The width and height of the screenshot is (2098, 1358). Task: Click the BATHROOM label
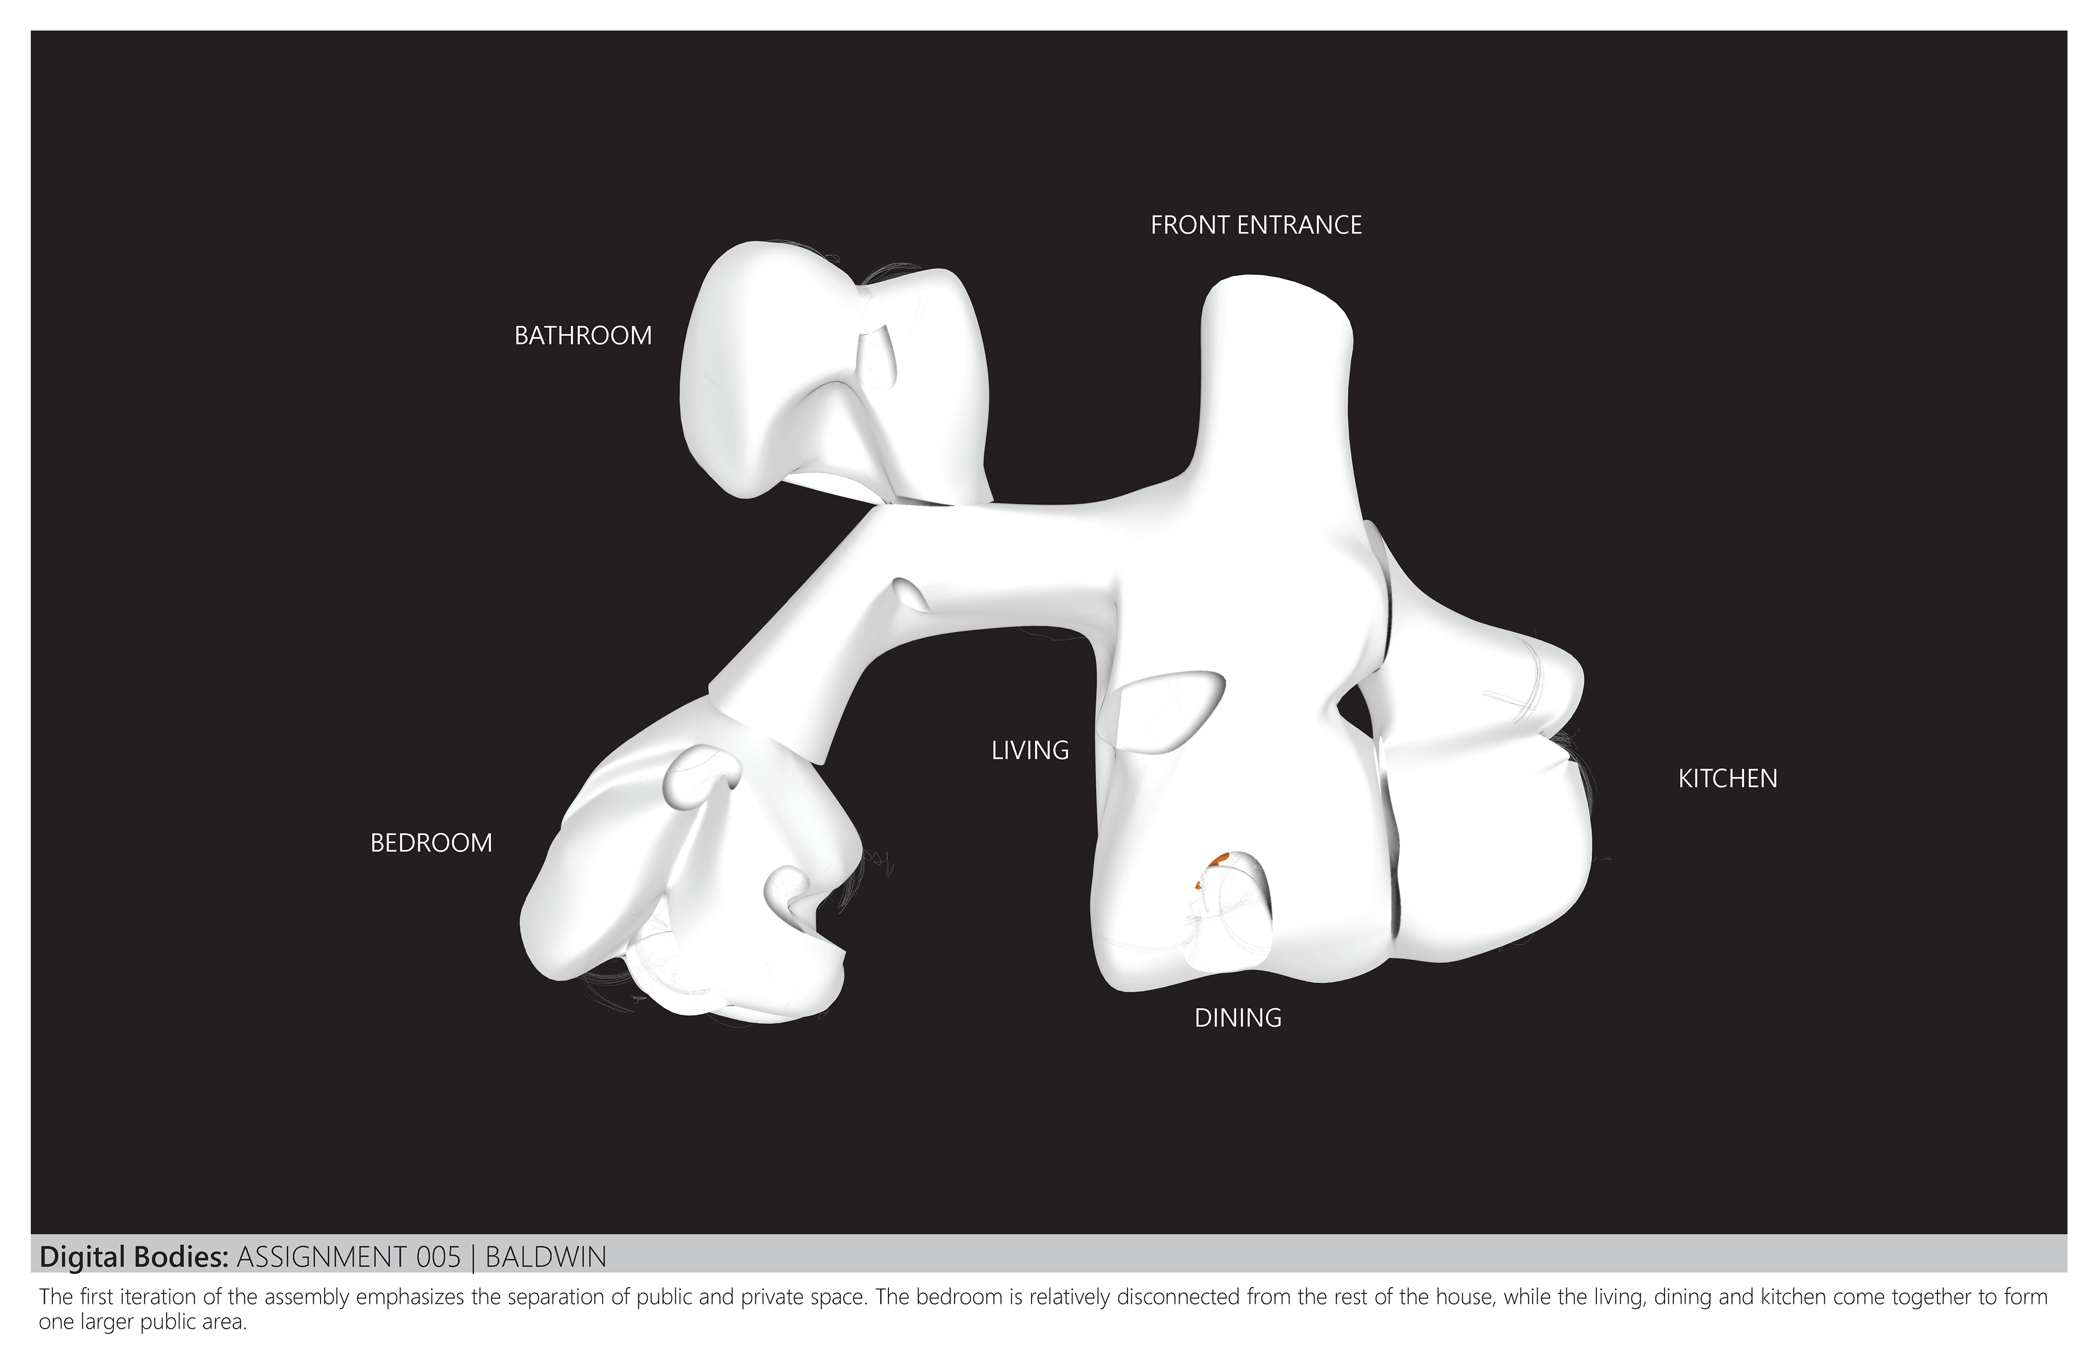pos(582,336)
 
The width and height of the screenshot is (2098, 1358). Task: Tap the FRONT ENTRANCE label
pos(1256,226)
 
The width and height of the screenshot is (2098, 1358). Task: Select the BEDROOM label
pos(431,843)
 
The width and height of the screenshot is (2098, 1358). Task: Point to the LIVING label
pos(1030,750)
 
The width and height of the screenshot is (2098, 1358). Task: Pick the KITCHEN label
pos(1727,779)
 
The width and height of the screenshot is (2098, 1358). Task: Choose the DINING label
pos(1237,1018)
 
